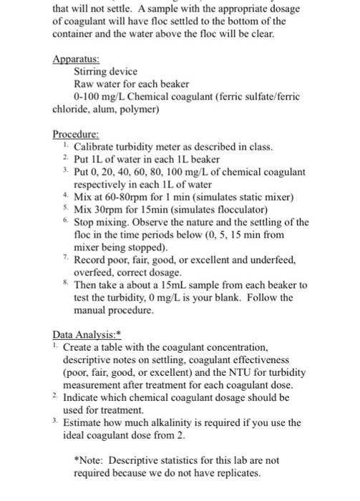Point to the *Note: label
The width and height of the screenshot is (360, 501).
[x=91, y=460]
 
